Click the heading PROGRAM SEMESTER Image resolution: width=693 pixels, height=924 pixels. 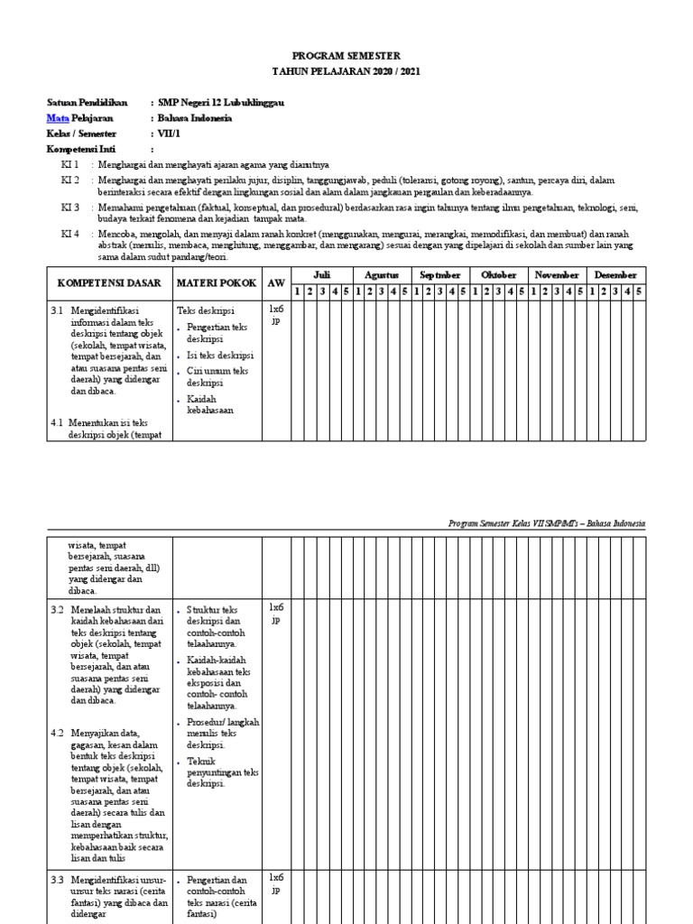tap(347, 55)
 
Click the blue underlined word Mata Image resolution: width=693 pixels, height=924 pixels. tap(58, 118)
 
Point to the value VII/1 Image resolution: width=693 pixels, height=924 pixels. tap(170, 134)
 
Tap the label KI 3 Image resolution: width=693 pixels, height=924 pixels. tap(69, 208)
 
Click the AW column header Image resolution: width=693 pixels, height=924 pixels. tap(275, 282)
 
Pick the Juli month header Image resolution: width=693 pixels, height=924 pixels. tap(321, 274)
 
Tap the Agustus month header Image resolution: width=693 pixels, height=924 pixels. tap(381, 274)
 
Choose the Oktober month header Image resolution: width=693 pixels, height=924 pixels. tap(499, 274)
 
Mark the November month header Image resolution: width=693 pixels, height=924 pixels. tap(558, 274)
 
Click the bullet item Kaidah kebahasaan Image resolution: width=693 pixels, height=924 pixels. tap(208, 403)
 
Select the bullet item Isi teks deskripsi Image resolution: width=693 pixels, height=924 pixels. tap(219, 355)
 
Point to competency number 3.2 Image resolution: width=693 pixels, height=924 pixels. tap(58, 609)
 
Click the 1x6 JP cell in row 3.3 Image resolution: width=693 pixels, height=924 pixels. tap(276, 882)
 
